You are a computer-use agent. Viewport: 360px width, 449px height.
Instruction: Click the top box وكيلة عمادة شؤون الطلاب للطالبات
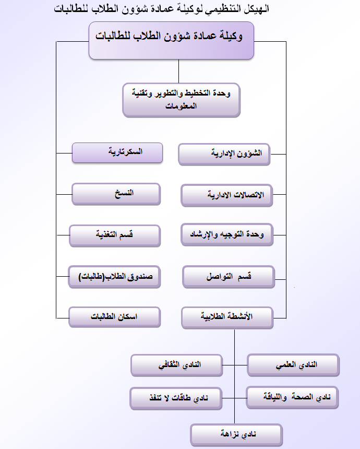click(172, 40)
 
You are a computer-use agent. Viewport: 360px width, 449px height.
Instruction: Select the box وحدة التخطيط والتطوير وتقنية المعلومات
click(181, 100)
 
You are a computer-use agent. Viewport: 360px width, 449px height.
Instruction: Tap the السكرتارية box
click(117, 153)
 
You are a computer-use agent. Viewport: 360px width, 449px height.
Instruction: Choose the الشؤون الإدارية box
click(224, 155)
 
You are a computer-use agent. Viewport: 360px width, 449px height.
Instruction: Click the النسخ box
click(116, 194)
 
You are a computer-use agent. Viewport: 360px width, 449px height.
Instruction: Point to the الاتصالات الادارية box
click(226, 195)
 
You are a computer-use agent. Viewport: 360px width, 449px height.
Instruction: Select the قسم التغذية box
click(115, 235)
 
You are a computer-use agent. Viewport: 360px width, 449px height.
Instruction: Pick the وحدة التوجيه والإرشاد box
click(227, 234)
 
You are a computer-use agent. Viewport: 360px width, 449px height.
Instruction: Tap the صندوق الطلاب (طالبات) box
click(114, 277)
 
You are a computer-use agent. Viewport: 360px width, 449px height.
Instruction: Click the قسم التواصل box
click(229, 277)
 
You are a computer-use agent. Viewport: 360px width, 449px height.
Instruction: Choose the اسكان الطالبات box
click(114, 317)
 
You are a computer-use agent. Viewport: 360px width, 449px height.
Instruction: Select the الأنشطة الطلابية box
click(227, 317)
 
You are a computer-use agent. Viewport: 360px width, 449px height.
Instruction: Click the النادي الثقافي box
click(176, 365)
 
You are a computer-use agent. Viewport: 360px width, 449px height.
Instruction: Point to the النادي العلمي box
click(293, 365)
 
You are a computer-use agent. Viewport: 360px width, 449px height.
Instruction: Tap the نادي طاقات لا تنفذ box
click(176, 398)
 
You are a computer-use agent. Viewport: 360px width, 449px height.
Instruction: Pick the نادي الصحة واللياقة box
click(292, 397)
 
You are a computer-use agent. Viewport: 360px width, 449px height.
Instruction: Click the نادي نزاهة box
click(236, 435)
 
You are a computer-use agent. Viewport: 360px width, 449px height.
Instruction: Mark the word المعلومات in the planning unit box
click(181, 106)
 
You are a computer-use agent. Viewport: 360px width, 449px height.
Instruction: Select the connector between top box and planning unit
click(178, 72)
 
